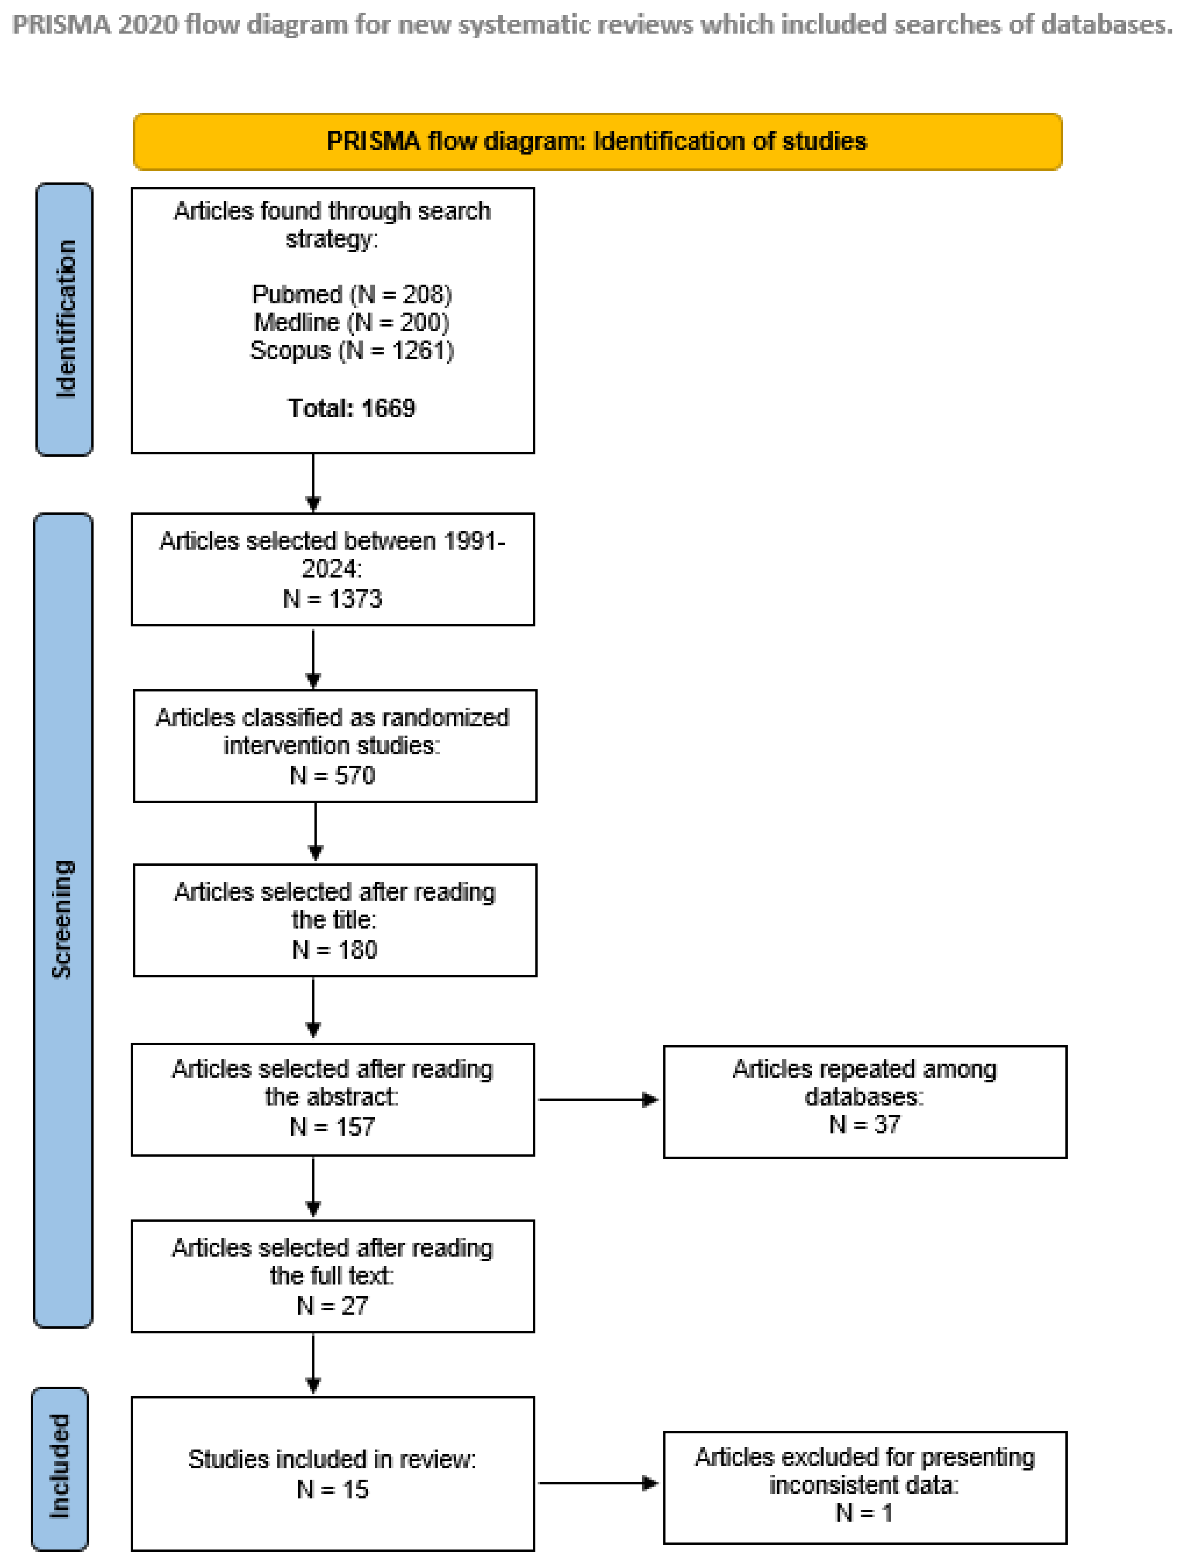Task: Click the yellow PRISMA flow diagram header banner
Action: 598,141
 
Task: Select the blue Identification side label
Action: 64,319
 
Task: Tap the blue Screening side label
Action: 63,919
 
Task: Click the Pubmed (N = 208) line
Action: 351,294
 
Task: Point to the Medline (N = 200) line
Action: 351,322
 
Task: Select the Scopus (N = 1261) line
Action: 351,351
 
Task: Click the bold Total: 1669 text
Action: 351,409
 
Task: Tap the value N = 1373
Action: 332,599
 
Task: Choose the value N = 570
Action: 332,776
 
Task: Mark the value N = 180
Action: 334,950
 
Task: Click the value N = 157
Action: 332,1126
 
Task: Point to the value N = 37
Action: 864,1124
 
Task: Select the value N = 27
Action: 332,1305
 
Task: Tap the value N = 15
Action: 332,1489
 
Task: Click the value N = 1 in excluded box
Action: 864,1512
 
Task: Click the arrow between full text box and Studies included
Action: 313,1363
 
